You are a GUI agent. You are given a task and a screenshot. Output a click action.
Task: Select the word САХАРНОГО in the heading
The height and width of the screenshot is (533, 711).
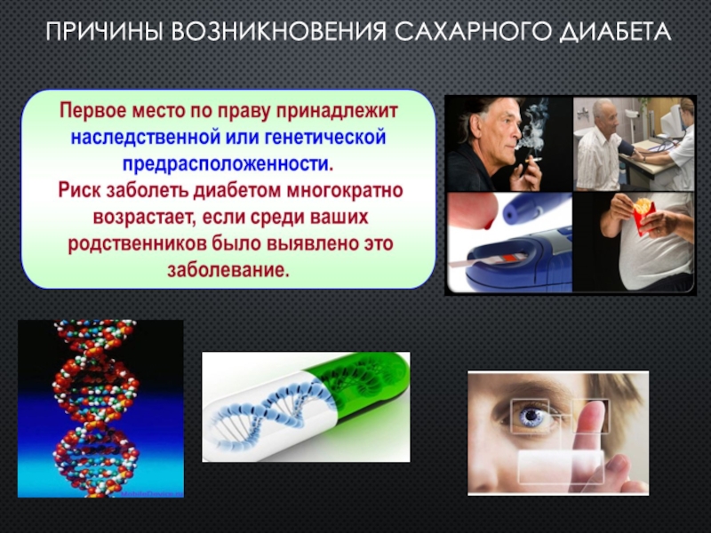tap(472, 33)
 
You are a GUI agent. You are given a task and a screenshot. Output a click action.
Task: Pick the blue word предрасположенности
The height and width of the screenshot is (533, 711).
tap(228, 164)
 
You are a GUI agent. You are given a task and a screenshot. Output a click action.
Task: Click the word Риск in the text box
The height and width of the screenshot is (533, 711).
tap(79, 190)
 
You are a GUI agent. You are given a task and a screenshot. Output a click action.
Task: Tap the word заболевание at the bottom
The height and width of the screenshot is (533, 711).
tap(228, 271)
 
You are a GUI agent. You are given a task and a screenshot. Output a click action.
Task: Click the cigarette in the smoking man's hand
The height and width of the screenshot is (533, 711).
tap(534, 160)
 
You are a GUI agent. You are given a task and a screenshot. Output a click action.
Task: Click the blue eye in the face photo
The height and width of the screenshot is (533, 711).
tap(531, 417)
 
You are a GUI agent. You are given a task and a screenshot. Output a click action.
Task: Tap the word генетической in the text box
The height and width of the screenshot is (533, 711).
tap(325, 137)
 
